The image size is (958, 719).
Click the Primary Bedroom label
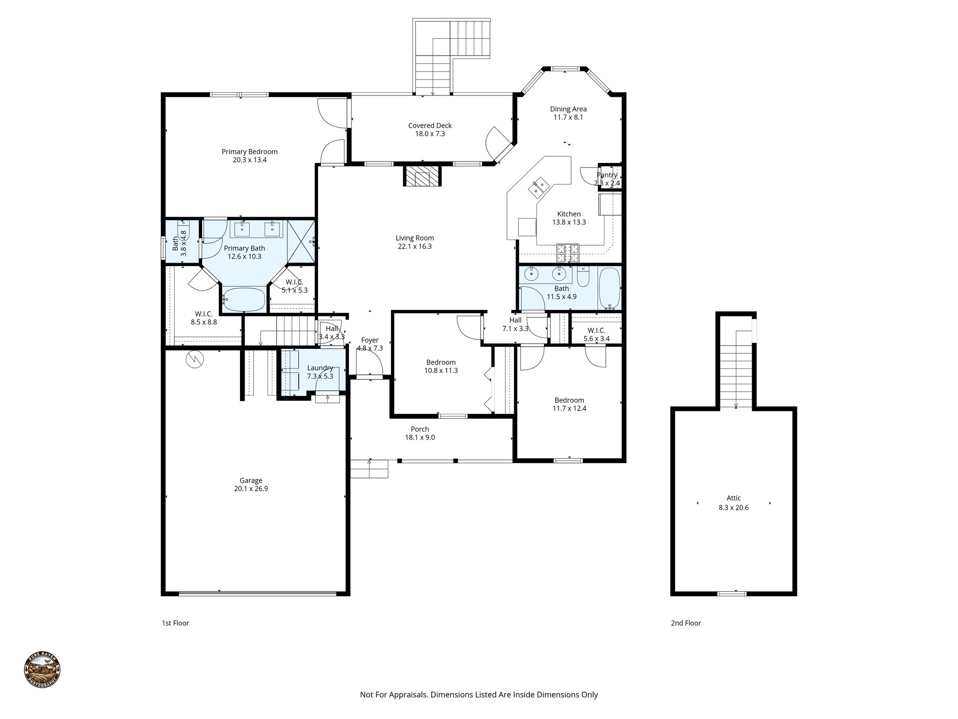249,152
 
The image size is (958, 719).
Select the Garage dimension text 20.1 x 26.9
251,489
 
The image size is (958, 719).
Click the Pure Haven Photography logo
42,671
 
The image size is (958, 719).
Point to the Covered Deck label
430,125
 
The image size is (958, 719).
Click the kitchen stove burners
567,253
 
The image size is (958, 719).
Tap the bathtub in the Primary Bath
244,299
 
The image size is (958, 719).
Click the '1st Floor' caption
175,623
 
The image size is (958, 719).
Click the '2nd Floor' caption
686,623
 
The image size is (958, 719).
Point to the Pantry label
607,175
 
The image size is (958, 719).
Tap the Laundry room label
320,368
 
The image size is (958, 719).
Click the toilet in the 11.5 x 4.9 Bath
583,277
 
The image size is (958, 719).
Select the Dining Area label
568,109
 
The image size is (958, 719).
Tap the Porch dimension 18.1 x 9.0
420,437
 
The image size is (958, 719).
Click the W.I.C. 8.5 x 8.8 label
203,314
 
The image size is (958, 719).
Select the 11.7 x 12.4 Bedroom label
569,400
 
